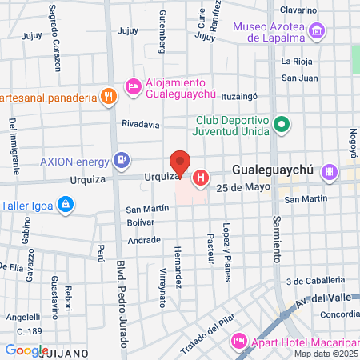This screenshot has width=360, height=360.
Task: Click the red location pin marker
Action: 180,164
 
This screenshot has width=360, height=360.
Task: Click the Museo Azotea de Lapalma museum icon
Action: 318,31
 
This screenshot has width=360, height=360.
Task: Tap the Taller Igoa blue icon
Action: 66,205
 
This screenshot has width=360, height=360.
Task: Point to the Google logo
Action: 26,350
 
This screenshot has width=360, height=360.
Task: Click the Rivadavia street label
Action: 141,124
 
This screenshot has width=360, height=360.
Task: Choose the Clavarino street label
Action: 299,10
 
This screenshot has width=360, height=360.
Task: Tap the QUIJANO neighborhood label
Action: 82,351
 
